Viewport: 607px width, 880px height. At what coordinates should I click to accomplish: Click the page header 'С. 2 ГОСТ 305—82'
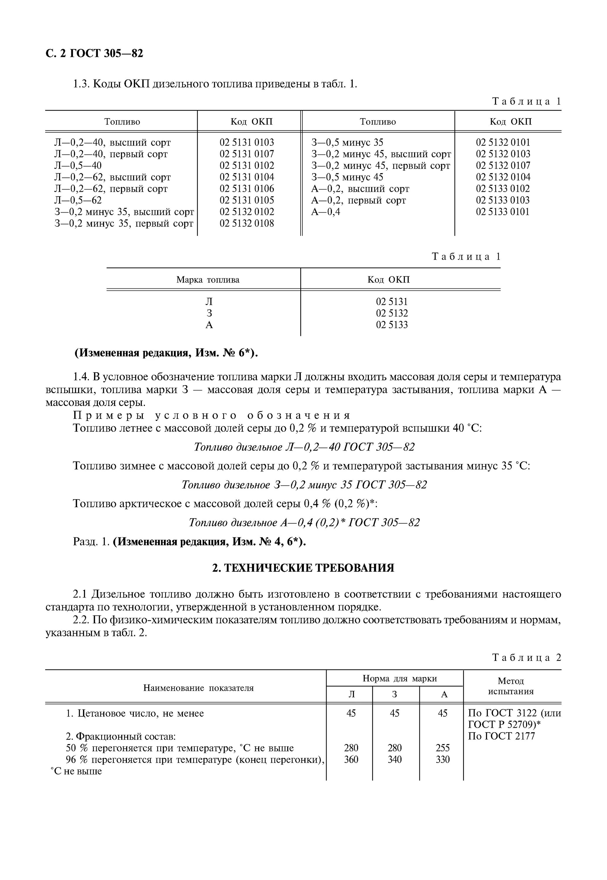click(94, 54)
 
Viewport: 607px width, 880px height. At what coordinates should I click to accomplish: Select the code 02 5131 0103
click(246, 142)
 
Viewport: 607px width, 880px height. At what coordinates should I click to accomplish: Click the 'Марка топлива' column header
click(208, 280)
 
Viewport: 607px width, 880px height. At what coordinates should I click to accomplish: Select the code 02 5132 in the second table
click(392, 313)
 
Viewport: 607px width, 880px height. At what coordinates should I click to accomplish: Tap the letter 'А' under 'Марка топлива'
click(209, 325)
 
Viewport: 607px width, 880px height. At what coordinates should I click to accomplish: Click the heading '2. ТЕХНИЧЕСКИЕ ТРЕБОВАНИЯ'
click(303, 568)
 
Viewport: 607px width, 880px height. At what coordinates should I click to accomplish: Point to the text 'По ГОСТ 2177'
click(501, 736)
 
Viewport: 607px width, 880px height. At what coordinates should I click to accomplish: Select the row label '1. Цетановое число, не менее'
click(135, 713)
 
